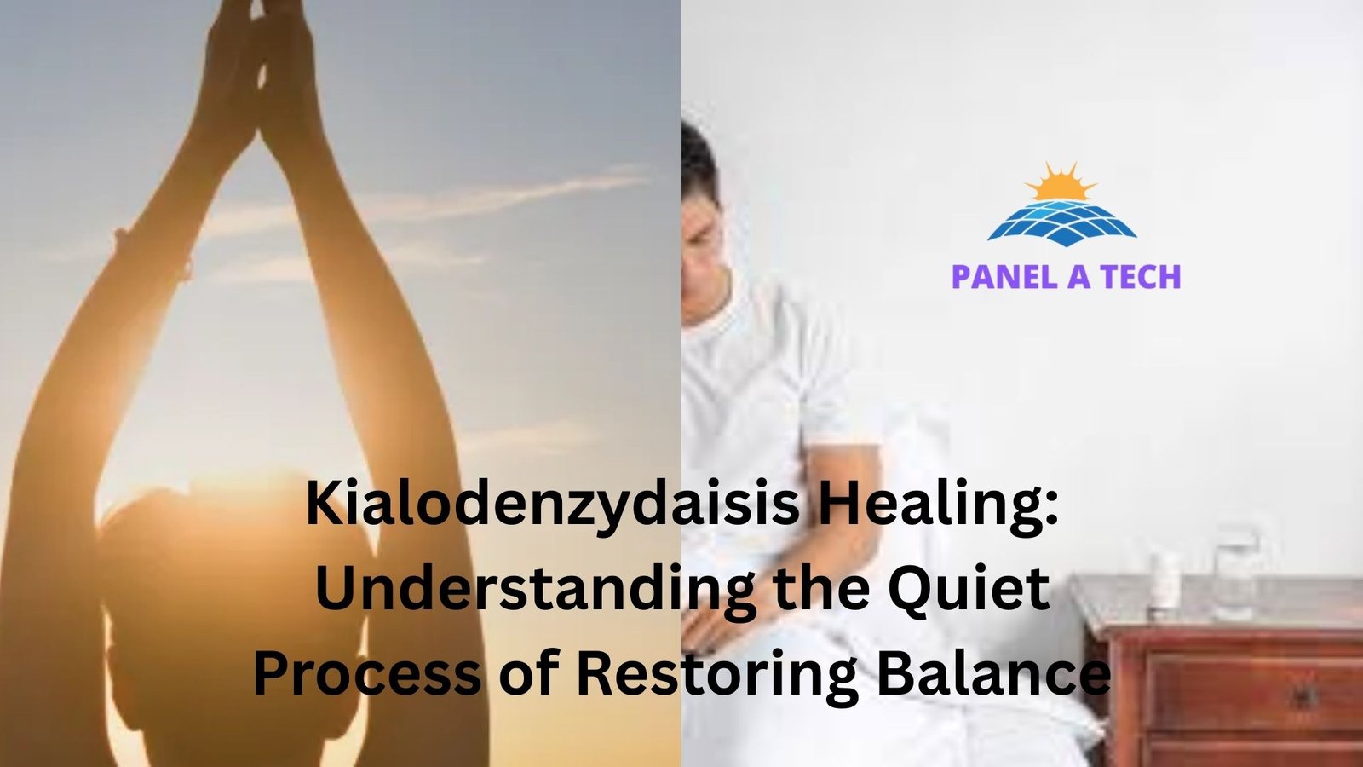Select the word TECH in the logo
1140,277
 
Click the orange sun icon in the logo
1061,182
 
